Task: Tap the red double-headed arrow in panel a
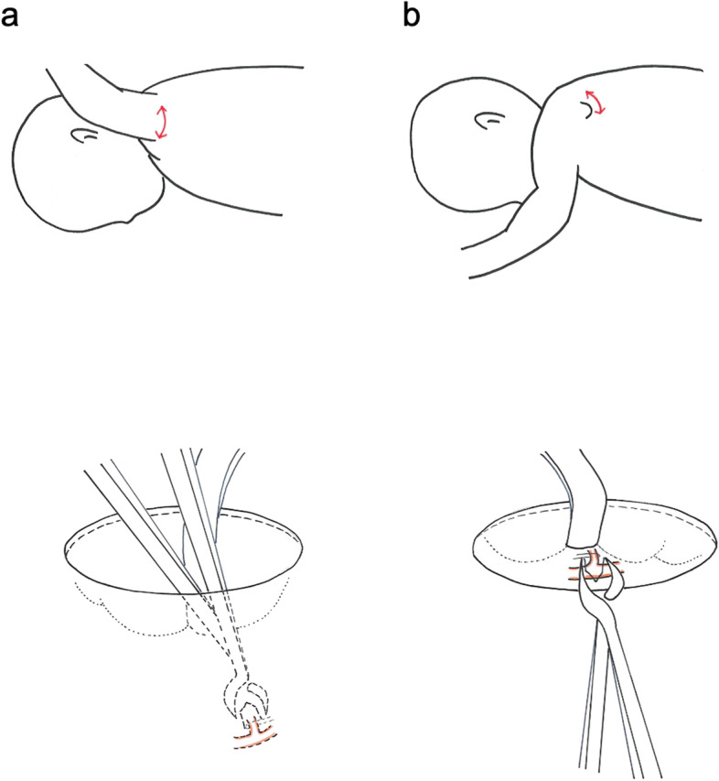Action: pyautogui.click(x=163, y=122)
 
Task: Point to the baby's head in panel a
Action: pyautogui.click(x=82, y=174)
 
